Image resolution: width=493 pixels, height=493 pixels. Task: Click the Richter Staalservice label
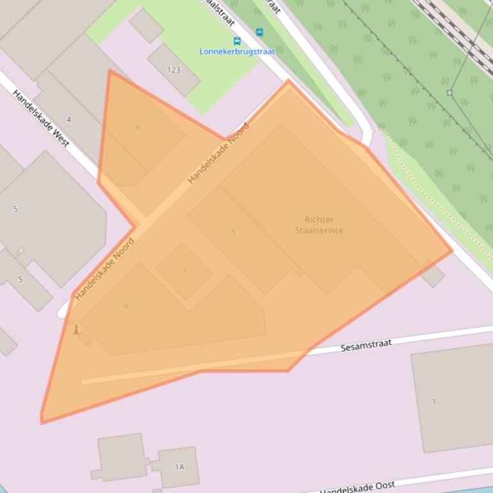point(319,225)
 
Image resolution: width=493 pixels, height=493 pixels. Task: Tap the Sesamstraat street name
point(366,345)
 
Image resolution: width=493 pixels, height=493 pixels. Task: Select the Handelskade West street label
point(41,118)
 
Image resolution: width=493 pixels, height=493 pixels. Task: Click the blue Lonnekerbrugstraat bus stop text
point(236,51)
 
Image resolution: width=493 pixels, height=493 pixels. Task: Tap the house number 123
point(174,70)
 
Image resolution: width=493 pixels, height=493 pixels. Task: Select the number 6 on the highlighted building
point(138,127)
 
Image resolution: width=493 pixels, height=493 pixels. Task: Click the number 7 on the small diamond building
point(184,271)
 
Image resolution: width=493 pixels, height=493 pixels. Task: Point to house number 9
point(125,307)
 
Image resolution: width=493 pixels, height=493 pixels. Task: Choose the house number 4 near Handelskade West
point(69,120)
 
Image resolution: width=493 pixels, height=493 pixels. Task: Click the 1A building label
point(179,467)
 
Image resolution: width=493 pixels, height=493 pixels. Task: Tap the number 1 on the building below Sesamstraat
point(433,401)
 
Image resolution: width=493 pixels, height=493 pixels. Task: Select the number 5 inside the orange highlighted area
point(233,232)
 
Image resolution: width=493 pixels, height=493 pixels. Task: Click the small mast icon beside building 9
point(76,330)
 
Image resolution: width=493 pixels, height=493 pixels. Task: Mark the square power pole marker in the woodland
point(449,93)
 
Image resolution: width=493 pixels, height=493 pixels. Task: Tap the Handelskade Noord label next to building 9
point(104,270)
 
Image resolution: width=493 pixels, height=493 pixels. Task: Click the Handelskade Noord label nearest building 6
point(218,154)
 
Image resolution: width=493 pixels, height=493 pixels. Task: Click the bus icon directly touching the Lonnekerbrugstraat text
point(237,41)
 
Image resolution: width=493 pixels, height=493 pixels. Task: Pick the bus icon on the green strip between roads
point(259,32)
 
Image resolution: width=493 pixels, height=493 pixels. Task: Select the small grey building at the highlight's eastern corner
point(433,275)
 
